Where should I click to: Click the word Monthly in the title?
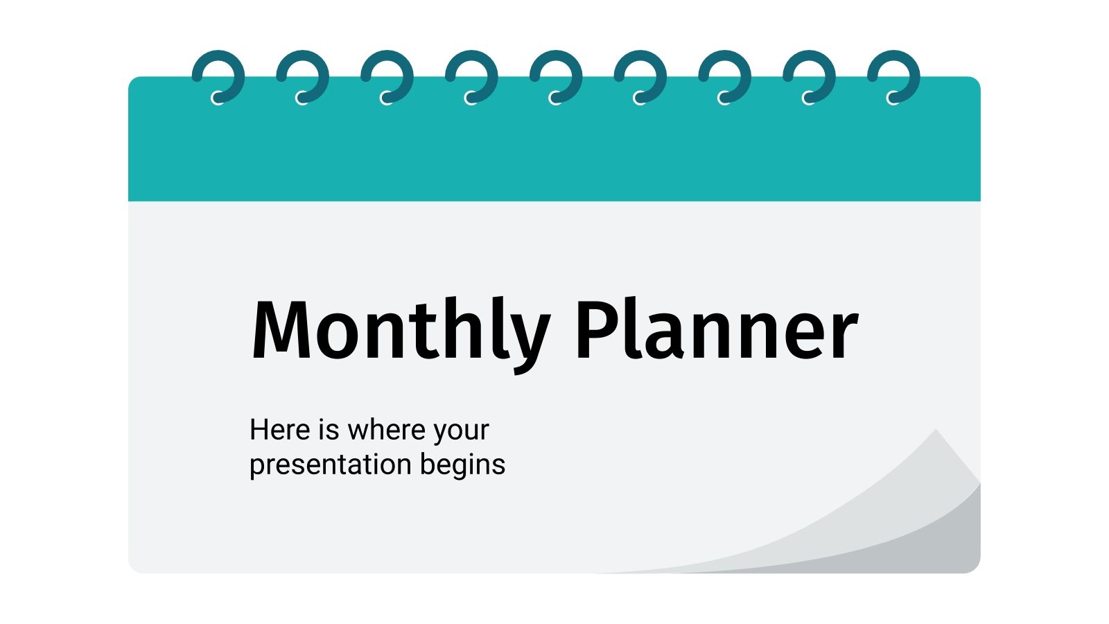(401, 331)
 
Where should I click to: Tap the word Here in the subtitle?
(280, 430)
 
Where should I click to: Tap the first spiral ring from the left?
(219, 76)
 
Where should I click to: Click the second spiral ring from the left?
(304, 76)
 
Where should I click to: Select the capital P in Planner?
(596, 331)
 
